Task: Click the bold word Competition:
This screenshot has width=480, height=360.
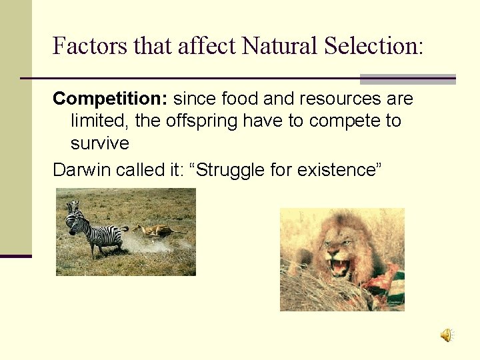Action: [x=110, y=99]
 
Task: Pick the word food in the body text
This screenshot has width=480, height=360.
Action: [x=240, y=99]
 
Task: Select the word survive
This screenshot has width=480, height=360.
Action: [x=99, y=143]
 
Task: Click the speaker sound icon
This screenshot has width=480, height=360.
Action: [x=446, y=335]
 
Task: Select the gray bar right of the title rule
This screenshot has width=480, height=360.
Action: [x=407, y=79]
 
